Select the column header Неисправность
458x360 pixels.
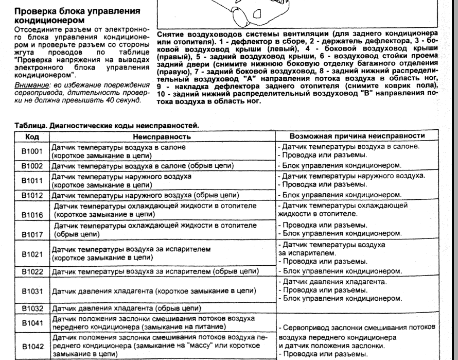pos(162,138)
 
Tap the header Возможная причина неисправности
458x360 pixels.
pos(357,137)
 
